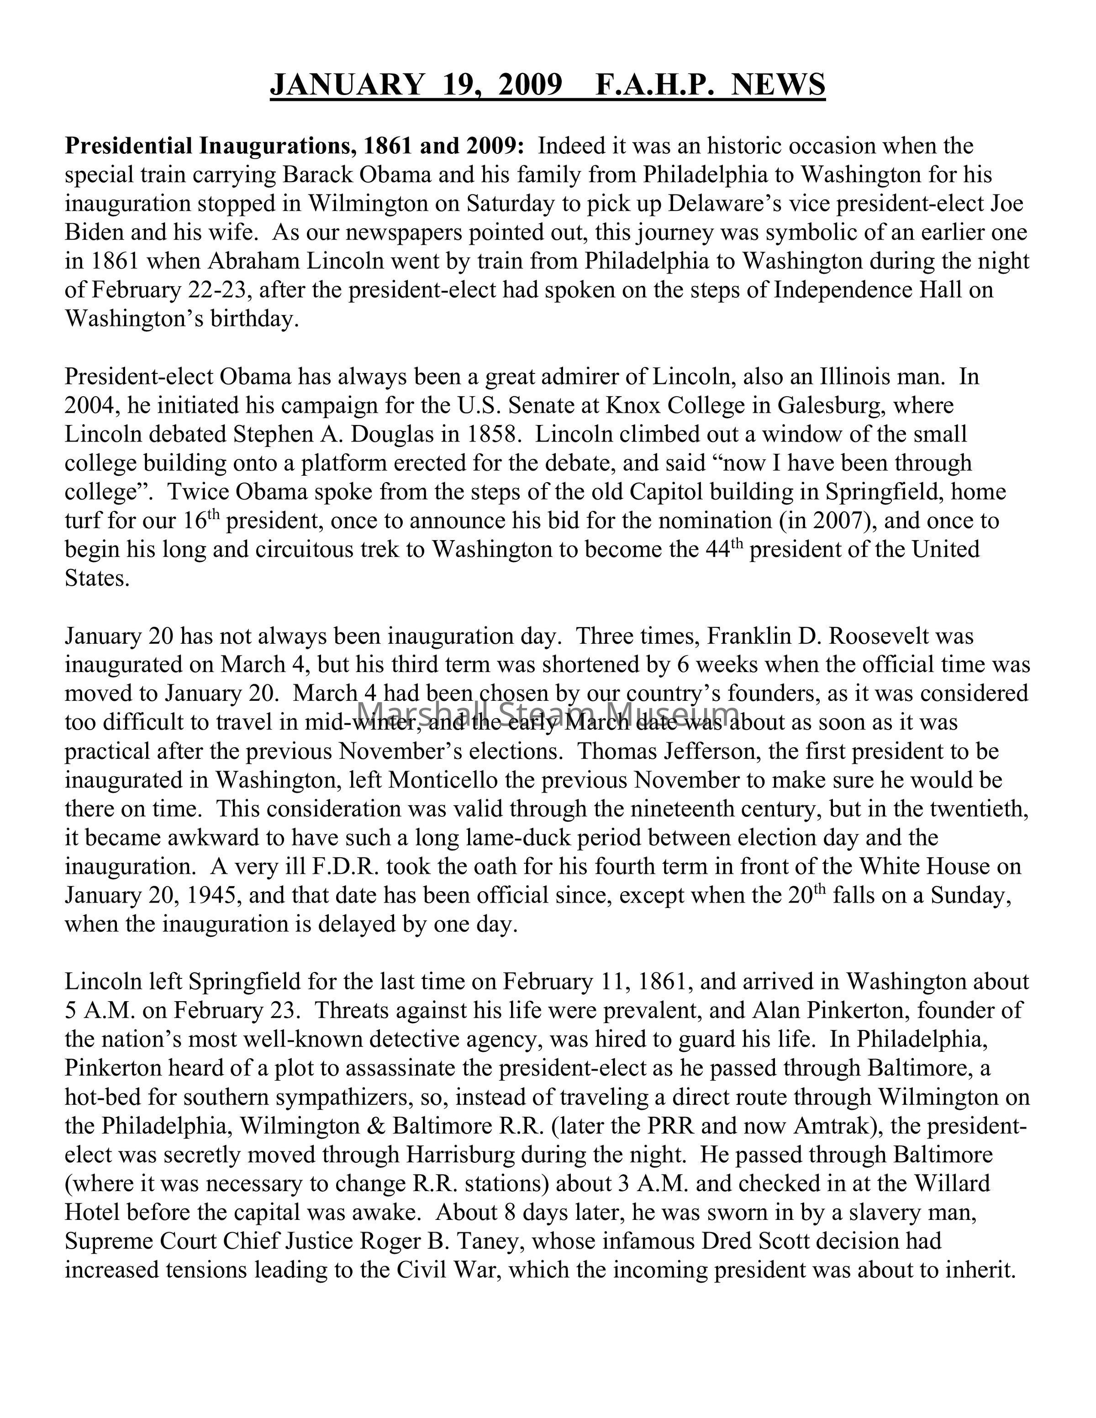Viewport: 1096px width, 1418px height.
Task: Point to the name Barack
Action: (317, 175)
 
